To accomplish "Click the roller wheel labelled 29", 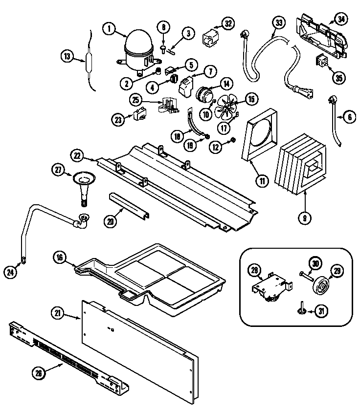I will [322, 286].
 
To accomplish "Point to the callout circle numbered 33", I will [278, 23].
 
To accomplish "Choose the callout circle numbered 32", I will [227, 23].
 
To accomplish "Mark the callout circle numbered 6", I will [349, 117].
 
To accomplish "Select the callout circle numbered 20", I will [111, 220].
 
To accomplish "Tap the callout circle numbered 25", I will [135, 100].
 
